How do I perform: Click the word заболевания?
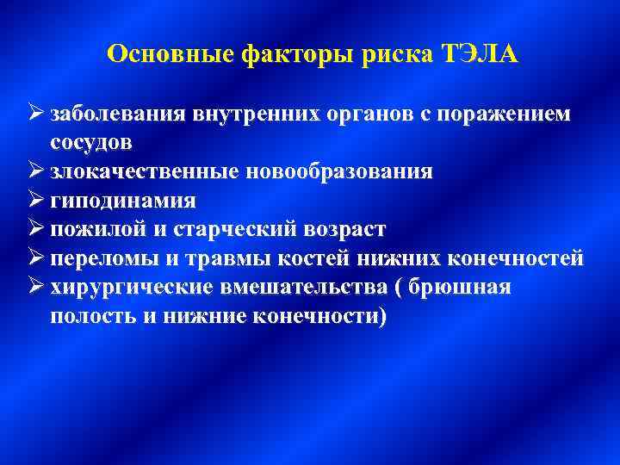(121, 114)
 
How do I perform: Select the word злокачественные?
(146, 171)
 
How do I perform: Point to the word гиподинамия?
(123, 201)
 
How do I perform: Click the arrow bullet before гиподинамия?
(36, 200)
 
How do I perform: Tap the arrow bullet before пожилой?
(36, 229)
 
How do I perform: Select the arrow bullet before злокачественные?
(36, 170)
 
